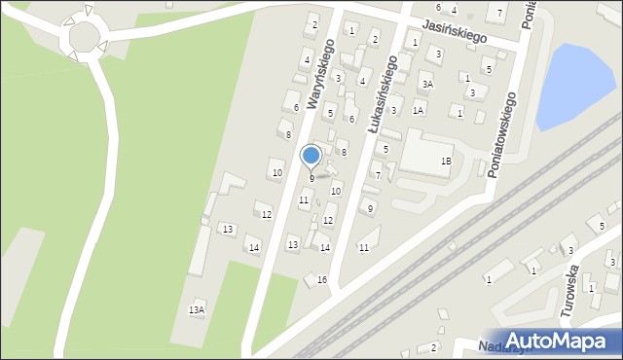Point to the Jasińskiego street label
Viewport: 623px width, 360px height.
459,32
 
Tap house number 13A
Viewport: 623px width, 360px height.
197,309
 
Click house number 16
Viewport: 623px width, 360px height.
322,280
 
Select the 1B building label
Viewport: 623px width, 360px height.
446,162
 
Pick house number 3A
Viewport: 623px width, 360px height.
426,85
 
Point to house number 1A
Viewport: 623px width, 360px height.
418,111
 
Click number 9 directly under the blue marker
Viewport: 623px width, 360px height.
311,178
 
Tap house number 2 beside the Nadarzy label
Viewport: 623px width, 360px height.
433,347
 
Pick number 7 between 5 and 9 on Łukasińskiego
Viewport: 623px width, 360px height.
378,175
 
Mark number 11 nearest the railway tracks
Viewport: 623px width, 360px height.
364,248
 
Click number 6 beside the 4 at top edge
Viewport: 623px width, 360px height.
438,6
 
